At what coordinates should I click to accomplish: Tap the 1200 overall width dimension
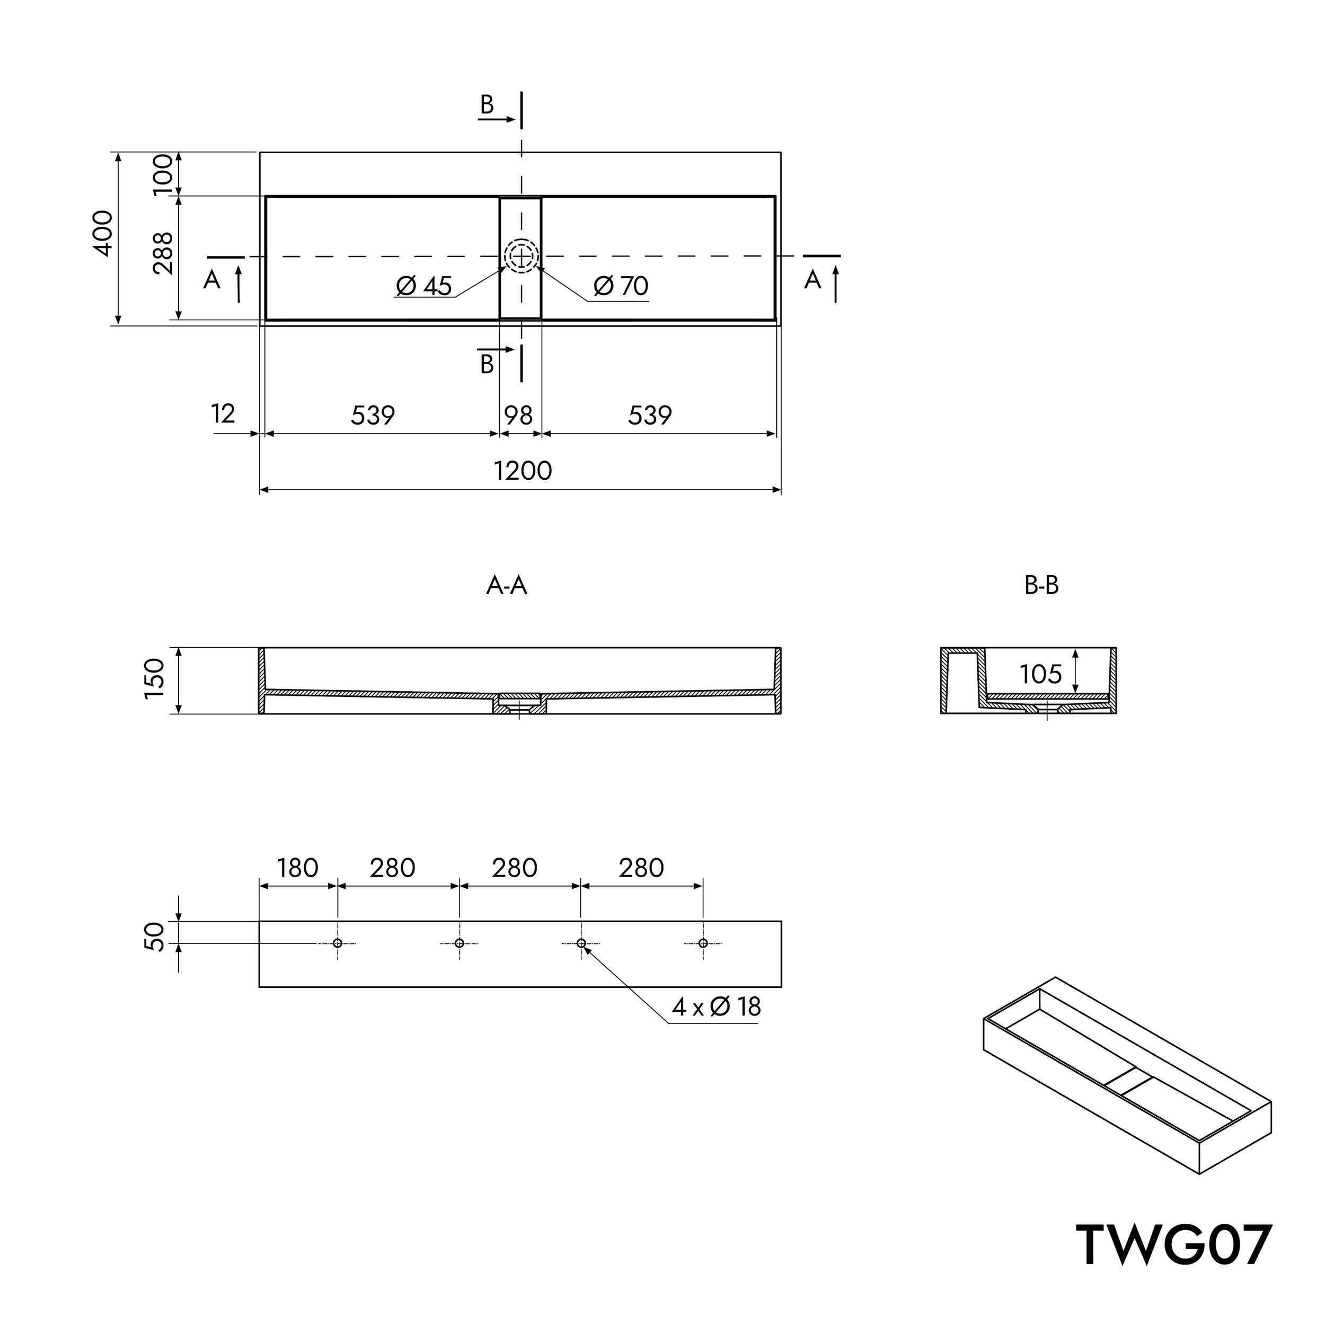[x=523, y=471]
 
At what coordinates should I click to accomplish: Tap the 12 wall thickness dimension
[x=224, y=413]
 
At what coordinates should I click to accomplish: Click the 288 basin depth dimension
[x=163, y=253]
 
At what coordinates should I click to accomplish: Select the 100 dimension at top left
[x=163, y=174]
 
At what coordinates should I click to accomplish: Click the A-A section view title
[x=506, y=586]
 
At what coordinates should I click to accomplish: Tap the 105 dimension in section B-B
[x=1040, y=674]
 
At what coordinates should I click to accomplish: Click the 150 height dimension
[x=155, y=678]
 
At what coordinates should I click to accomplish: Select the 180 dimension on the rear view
[x=298, y=868]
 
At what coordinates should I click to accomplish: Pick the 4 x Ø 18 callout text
[x=716, y=1007]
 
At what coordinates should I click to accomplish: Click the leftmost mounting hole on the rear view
[x=338, y=943]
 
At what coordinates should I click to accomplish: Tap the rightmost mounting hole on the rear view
[x=703, y=943]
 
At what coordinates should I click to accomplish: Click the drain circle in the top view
[x=521, y=256]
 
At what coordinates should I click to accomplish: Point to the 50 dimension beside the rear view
[x=155, y=936]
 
